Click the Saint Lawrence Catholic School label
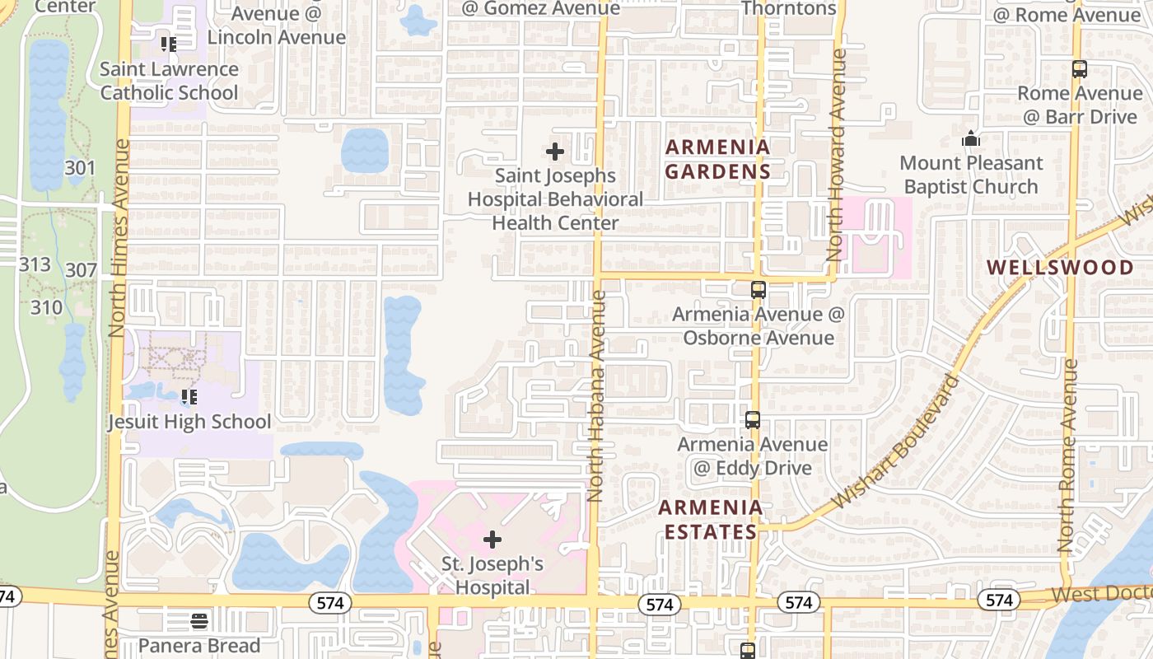[x=169, y=81]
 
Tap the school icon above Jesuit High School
[x=189, y=397]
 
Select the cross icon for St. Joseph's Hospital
[x=492, y=540]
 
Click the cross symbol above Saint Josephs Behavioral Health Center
[x=555, y=152]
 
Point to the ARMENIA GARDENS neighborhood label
[x=717, y=159]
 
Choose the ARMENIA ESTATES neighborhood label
[x=710, y=519]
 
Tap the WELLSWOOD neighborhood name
[x=1060, y=267]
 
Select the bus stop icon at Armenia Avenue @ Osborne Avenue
[x=758, y=290]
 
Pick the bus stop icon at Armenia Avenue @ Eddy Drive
[x=752, y=420]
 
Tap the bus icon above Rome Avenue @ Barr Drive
[x=1079, y=69]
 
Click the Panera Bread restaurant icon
[x=198, y=620]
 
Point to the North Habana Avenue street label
[x=596, y=395]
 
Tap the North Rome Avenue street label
[x=1068, y=456]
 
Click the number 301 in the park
[x=80, y=169]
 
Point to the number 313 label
[x=35, y=264]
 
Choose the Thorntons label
[x=789, y=8]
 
